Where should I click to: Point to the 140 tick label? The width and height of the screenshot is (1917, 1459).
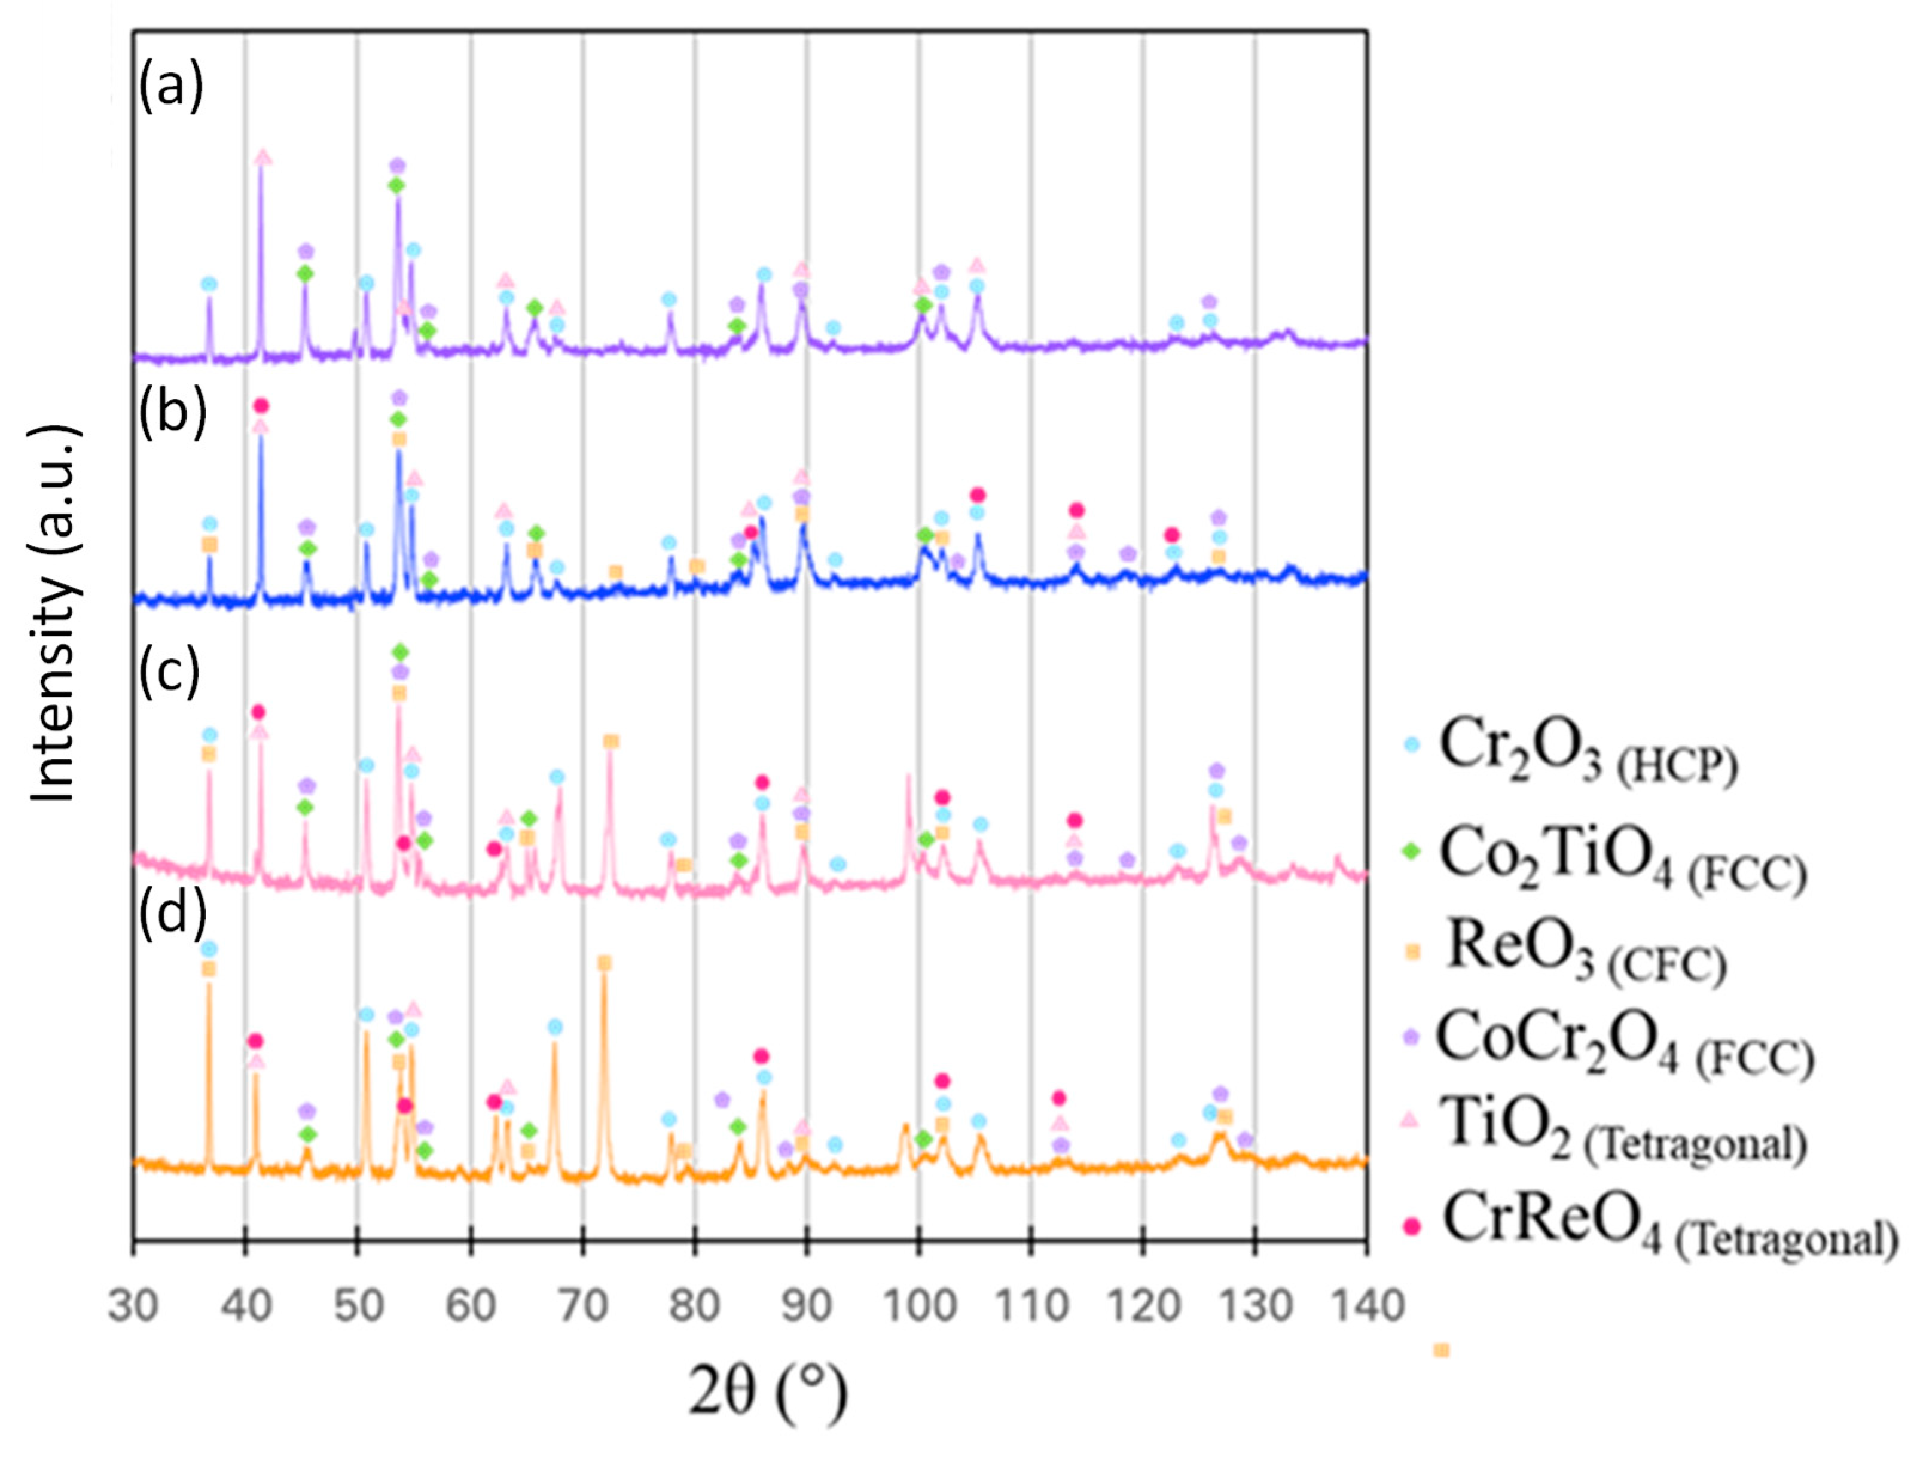1366,1305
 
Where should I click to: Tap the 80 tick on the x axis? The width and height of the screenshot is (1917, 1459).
695,1305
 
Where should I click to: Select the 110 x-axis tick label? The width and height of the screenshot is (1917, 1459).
1031,1305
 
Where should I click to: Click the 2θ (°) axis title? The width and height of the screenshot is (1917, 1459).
768,1392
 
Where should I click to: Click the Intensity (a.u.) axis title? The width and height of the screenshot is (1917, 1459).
56,615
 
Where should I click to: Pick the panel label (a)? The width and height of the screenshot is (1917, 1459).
171,87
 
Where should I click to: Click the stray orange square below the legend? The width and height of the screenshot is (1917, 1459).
1441,1350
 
